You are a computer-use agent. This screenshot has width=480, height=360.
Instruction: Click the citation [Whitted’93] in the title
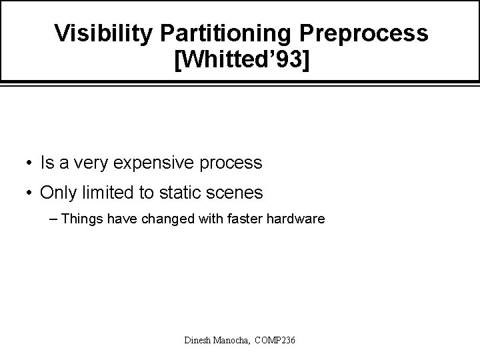tap(241, 61)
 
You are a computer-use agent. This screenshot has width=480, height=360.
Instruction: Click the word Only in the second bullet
tap(57, 193)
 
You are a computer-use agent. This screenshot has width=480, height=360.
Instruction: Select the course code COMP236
tap(279, 341)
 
